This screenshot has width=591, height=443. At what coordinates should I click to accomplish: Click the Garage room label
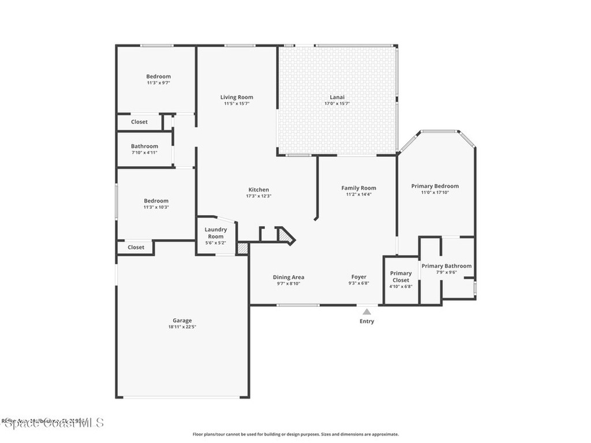(182, 321)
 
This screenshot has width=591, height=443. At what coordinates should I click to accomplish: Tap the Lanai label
(337, 97)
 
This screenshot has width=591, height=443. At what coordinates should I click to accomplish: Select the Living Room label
(237, 97)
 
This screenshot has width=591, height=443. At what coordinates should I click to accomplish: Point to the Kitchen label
(259, 190)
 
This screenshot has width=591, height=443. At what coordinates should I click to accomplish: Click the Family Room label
(358, 188)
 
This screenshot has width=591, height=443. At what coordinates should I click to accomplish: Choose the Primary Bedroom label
(435, 186)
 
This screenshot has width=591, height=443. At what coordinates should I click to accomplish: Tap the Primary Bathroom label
(446, 266)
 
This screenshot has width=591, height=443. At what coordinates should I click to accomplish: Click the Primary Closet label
(401, 276)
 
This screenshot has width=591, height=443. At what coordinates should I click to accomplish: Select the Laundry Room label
(215, 233)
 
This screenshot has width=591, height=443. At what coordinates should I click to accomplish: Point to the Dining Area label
(289, 277)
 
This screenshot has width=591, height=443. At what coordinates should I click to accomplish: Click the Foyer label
(358, 277)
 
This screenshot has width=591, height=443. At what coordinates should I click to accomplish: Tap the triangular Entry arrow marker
(366, 312)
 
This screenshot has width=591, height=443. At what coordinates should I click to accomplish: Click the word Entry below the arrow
(366, 321)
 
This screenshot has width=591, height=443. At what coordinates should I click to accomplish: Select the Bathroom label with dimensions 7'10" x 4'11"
(144, 147)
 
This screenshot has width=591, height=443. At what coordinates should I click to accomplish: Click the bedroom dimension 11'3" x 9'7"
(158, 83)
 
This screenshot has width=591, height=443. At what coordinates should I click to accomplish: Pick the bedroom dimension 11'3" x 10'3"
(156, 208)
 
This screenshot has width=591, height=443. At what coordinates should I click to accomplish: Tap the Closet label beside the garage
(136, 247)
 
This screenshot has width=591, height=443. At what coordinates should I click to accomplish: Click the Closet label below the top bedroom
(139, 122)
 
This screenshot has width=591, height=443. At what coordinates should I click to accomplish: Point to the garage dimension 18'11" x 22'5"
(182, 327)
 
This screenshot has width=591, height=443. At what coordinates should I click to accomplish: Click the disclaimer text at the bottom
(295, 434)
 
